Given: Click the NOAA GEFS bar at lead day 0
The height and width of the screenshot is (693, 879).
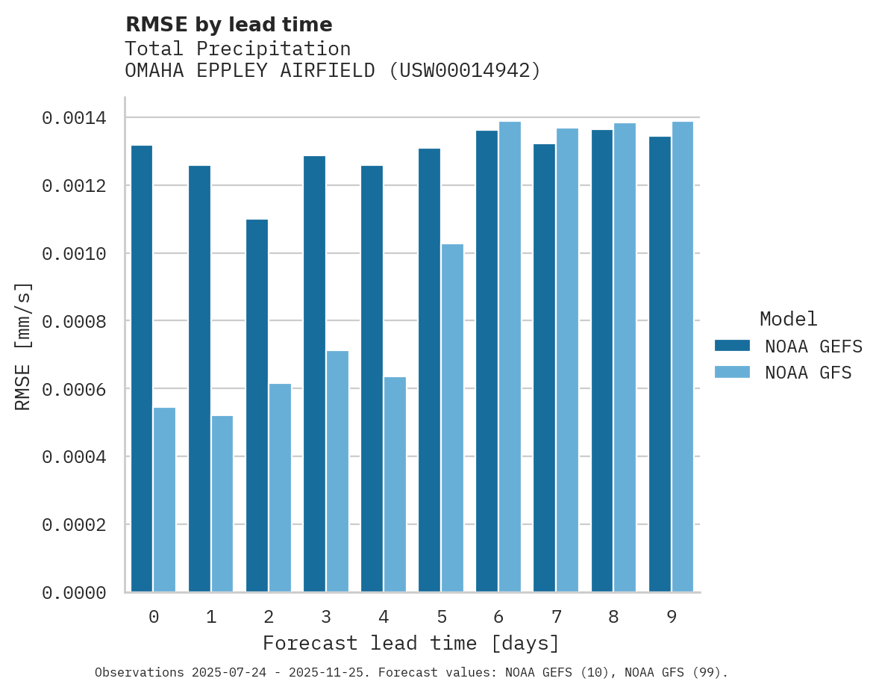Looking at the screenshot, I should point(142,369).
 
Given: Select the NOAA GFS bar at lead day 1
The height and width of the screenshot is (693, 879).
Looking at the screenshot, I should point(222,504).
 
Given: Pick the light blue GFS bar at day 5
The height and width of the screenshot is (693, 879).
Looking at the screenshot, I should point(452,418).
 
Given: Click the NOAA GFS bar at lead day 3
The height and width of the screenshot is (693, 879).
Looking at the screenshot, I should point(337,471).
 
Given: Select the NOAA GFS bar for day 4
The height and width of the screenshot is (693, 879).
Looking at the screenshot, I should point(395,485).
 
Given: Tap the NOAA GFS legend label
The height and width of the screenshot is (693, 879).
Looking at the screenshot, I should point(808,373).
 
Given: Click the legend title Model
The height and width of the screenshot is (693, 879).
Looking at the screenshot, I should point(789,319).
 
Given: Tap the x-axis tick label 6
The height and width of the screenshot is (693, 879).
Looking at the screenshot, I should point(498,618).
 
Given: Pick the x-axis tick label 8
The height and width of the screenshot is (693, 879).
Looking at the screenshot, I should point(613,618).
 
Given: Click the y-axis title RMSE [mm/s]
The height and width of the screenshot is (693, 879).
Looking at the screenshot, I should point(23,346).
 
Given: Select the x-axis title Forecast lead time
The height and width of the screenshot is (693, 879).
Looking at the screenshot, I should point(411,643).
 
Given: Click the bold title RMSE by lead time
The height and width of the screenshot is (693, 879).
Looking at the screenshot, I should point(228,25).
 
